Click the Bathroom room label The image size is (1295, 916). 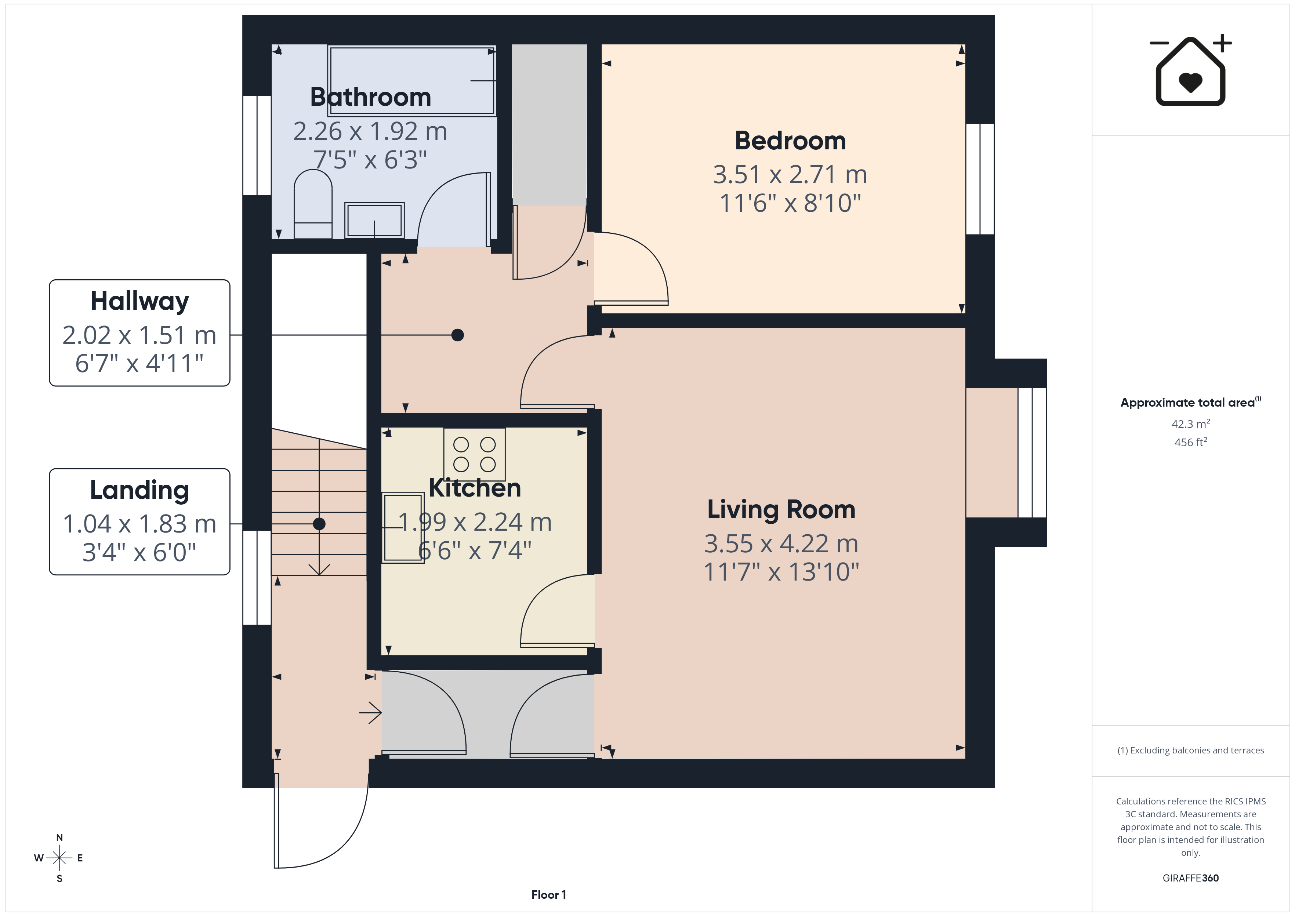[371, 97]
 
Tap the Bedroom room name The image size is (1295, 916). [790, 141]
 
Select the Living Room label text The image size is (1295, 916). [781, 510]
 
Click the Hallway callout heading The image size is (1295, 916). [139, 301]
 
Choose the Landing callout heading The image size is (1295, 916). [139, 490]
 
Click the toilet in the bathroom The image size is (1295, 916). [313, 204]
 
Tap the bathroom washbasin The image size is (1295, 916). [374, 220]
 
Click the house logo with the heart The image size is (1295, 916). [1191, 70]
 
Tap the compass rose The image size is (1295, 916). [59, 858]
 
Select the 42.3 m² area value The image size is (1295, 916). [1191, 424]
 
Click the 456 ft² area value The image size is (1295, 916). [1191, 442]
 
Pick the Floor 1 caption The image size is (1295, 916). [549, 895]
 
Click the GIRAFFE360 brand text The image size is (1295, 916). [1191, 878]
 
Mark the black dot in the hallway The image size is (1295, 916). [457, 335]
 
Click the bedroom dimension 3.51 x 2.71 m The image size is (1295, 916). [790, 175]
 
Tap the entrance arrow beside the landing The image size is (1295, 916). [371, 713]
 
